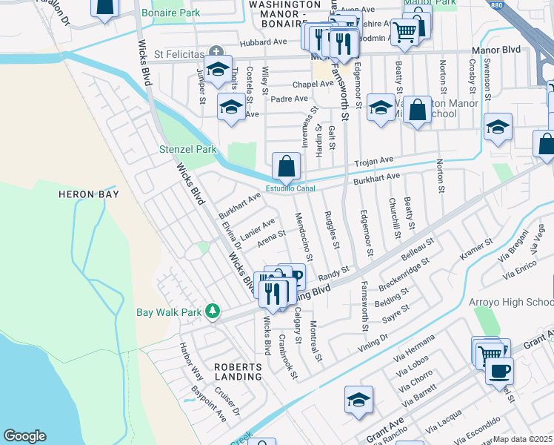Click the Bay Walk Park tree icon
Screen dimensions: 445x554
pyautogui.click(x=213, y=311)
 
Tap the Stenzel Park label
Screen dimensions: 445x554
pyautogui.click(x=188, y=149)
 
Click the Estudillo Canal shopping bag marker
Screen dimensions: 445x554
pyautogui.click(x=286, y=167)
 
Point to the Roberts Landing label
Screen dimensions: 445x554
pyautogui.click(x=238, y=372)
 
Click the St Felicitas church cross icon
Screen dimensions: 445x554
pyautogui.click(x=216, y=51)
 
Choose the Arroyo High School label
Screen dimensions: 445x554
pyautogui.click(x=510, y=302)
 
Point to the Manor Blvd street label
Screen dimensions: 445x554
pyautogui.click(x=496, y=50)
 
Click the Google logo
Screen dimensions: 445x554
pyautogui.click(x=24, y=436)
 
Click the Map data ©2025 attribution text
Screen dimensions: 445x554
pyautogui.click(x=523, y=439)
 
